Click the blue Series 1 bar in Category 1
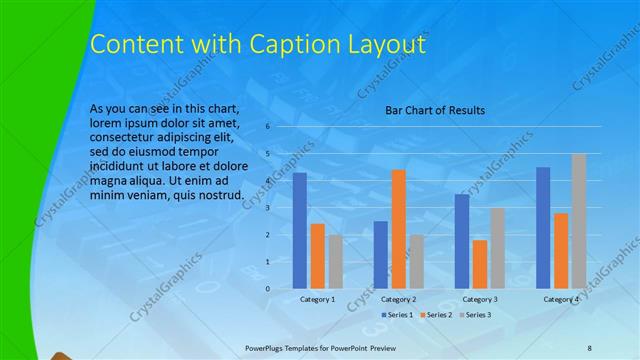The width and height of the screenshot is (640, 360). [299, 231]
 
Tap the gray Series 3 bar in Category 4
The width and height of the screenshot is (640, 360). [579, 221]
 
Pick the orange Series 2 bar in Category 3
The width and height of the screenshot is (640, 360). [480, 264]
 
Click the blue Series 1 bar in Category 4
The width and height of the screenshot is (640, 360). [543, 228]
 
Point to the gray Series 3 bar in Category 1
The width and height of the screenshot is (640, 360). [335, 262]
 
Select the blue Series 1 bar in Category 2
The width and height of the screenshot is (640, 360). [381, 255]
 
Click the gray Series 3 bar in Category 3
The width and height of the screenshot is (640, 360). [498, 248]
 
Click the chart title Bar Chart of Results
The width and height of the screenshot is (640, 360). [435, 110]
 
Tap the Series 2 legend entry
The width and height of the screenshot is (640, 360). [436, 315]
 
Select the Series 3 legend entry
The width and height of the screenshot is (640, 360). [476, 315]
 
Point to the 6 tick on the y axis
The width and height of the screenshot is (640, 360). [268, 127]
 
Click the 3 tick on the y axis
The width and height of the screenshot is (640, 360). [268, 208]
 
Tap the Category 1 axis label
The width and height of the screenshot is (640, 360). [317, 299]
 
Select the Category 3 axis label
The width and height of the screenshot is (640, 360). [480, 299]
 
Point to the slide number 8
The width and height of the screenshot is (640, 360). [589, 346]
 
